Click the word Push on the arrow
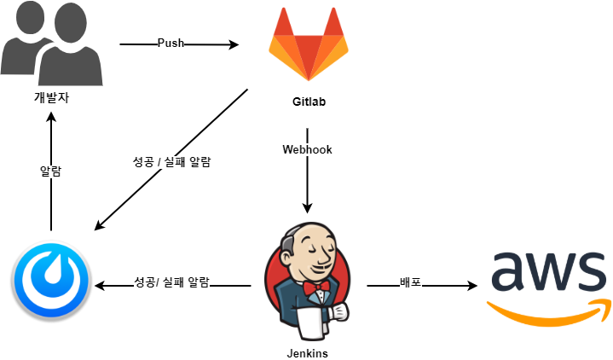[x=171, y=44]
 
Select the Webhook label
[x=307, y=149]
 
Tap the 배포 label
[x=410, y=282]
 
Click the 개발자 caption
[x=51, y=97]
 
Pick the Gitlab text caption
[x=308, y=102]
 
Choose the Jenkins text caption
[x=308, y=353]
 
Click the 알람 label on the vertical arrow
[x=51, y=171]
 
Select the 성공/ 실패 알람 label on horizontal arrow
[x=172, y=282]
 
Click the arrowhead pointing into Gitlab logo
[x=236, y=44]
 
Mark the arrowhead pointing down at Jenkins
[x=307, y=207]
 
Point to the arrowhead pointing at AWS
[x=471, y=287]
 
